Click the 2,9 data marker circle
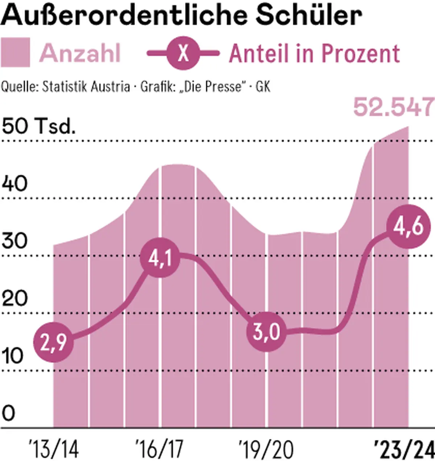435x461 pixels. click(53, 342)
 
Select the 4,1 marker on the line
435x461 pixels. click(160, 258)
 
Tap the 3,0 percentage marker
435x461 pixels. click(266, 332)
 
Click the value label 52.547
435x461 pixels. click(394, 107)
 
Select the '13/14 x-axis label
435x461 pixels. click(53, 449)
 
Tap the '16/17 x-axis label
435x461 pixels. click(159, 449)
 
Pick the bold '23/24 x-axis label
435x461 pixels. click(404, 449)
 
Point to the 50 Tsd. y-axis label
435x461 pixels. click(39, 127)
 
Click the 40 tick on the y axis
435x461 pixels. click(14, 184)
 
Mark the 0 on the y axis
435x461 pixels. click(9, 413)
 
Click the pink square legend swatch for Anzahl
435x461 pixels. click(15, 53)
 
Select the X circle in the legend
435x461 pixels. click(183, 53)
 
